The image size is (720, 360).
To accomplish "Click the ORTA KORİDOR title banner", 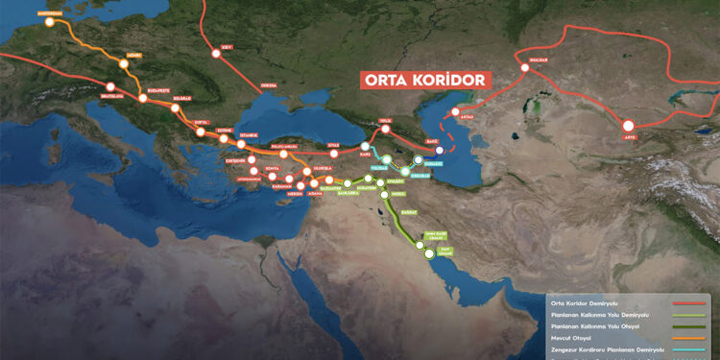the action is click(422, 81).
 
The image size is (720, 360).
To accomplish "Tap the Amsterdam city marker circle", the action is click(49, 21).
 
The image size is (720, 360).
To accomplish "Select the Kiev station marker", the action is click(217, 53).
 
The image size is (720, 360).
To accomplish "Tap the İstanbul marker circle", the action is click(242, 144).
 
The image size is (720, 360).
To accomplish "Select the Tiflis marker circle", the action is click(386, 131).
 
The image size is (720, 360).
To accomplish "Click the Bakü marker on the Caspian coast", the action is click(440, 150).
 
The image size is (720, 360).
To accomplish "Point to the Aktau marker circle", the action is click(456, 111).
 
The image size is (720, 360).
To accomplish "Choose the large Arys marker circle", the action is click(629, 126).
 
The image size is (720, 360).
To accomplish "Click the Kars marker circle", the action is click(365, 147).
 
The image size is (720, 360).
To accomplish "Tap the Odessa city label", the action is click(270, 85).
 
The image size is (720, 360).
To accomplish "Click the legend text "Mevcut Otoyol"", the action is click(571, 339).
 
